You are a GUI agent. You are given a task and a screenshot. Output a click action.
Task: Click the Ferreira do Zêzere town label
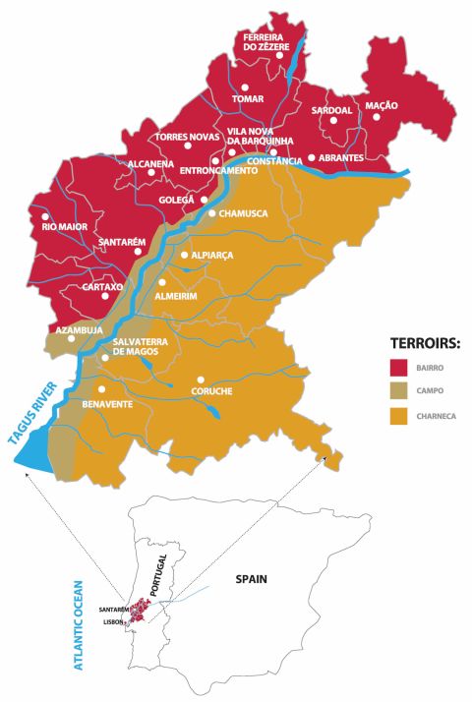(269, 41)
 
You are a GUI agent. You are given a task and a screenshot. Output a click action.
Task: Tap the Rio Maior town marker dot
(44, 216)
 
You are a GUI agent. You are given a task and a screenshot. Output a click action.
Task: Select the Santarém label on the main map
(122, 242)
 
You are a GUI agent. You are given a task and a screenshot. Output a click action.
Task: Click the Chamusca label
(245, 212)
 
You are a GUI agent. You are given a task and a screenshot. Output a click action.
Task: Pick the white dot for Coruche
(200, 380)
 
